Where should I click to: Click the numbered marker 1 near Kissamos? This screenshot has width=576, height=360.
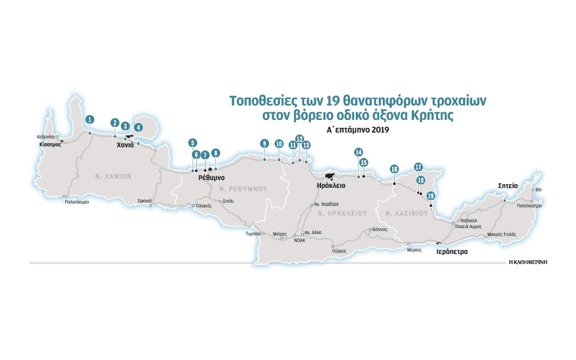pos(89,119)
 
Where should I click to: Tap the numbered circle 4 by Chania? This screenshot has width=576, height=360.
pos(139,127)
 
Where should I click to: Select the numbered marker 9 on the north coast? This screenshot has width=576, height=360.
pos(264,143)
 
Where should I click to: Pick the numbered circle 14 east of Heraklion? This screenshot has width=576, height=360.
pos(358,152)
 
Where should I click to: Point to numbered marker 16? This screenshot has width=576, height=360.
pos(394,169)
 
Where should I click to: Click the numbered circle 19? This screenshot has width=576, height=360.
pos(430,196)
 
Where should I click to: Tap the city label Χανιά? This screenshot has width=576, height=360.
pos(125,145)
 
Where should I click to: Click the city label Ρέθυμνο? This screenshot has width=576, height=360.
pos(212,178)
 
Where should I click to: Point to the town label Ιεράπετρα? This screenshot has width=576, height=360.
pos(451,252)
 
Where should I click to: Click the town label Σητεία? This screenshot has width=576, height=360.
pos(508,186)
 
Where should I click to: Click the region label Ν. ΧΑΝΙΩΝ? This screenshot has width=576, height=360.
pos(113,176)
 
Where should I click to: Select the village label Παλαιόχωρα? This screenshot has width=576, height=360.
pos(77,202)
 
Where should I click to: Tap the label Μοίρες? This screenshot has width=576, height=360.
pos(280,233)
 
